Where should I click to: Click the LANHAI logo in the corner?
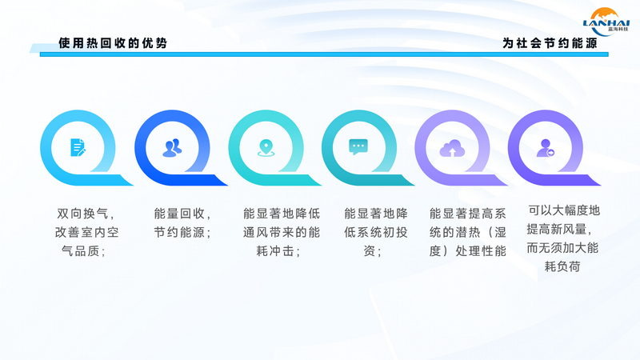tap(606, 22)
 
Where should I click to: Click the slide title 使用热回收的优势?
tap(113, 43)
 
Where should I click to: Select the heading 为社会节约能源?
tap(550, 43)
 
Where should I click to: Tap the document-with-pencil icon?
tap(78, 147)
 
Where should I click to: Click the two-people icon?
tap(172, 148)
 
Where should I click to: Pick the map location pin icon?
tap(266, 148)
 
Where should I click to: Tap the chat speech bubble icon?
tap(358, 147)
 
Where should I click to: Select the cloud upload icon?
tap(452, 148)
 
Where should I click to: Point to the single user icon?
tap(546, 148)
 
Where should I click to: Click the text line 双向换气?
tap(86, 214)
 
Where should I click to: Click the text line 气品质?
tap(84, 251)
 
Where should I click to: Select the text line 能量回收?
tap(182, 214)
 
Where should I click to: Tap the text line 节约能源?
tap(182, 232)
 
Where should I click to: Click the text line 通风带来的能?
tap(282, 232)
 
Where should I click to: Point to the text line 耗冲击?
tap(278, 251)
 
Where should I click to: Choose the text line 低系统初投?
tap(375, 232)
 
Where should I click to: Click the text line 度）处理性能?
tap(467, 251)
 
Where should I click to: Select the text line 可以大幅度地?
tap(564, 210)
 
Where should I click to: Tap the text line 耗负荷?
tap(562, 266)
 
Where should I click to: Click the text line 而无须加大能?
tap(562, 248)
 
